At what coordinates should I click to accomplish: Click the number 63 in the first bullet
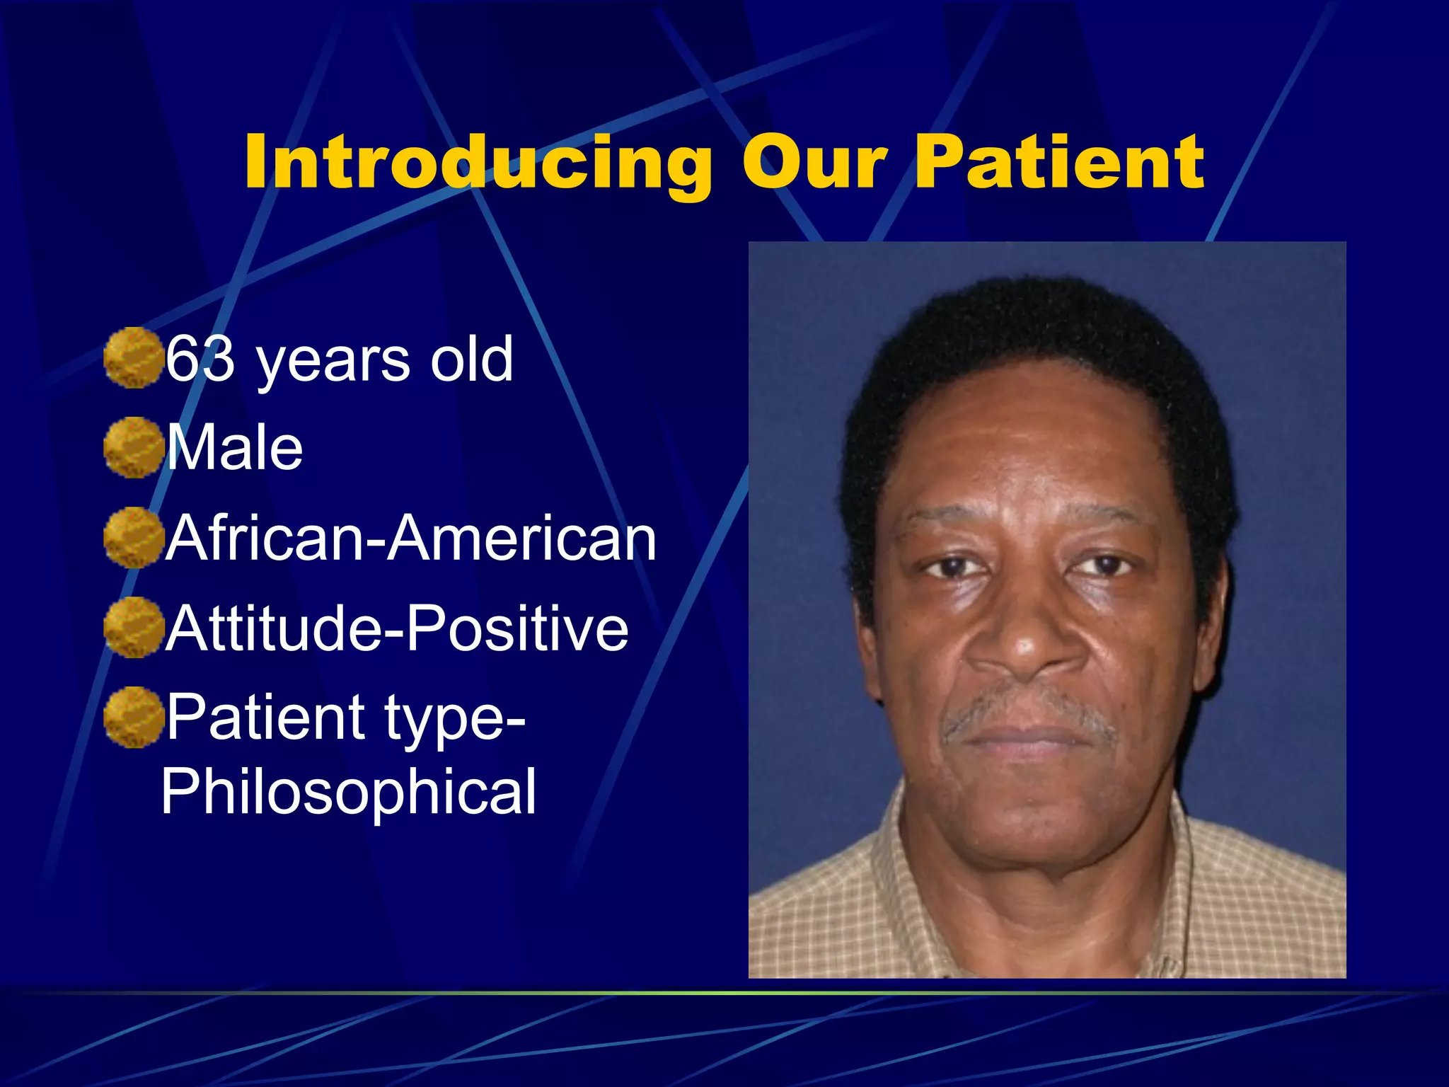[200, 359]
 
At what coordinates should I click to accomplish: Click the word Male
[235, 447]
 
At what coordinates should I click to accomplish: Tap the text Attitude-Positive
[398, 628]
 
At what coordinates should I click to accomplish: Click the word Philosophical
[349, 791]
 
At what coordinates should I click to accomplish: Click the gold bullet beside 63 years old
[133, 357]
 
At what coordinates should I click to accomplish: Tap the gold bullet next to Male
[133, 447]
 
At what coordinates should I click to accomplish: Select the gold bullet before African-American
[133, 537]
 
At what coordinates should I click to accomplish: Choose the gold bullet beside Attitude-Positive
[133, 627]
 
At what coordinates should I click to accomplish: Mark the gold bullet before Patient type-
[133, 717]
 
